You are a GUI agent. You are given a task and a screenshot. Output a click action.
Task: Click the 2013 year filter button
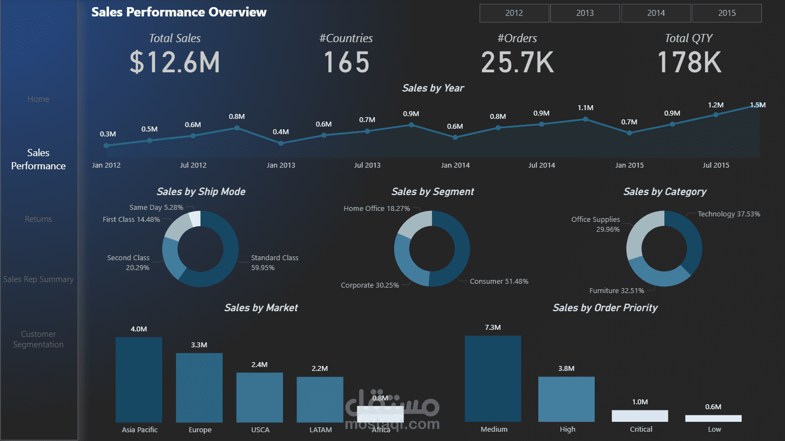pyautogui.click(x=585, y=13)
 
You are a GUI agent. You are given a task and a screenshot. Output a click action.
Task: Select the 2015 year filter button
pyautogui.click(x=726, y=13)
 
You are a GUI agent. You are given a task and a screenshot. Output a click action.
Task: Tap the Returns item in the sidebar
pyautogui.click(x=38, y=219)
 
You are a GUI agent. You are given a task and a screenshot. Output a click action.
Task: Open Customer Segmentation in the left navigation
pyautogui.click(x=38, y=339)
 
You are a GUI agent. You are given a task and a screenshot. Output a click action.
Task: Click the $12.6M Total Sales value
pyautogui.click(x=175, y=62)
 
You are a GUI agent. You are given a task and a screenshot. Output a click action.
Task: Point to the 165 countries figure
pyautogui.click(x=346, y=62)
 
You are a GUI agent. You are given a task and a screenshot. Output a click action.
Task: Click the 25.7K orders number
pyautogui.click(x=517, y=62)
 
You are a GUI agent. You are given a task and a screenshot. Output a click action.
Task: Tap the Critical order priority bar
pyautogui.click(x=640, y=416)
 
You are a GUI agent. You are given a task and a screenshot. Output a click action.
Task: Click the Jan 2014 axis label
pyautogui.click(x=455, y=165)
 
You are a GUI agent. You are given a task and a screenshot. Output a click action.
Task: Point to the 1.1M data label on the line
pyautogui.click(x=585, y=108)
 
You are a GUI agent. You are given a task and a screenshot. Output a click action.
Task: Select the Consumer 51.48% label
pyautogui.click(x=499, y=282)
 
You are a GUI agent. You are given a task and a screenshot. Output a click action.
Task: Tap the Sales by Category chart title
pyautogui.click(x=664, y=192)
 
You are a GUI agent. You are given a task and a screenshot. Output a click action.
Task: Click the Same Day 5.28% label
pyautogui.click(x=156, y=208)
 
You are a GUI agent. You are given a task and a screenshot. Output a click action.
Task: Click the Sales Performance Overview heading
pyautogui.click(x=179, y=12)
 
